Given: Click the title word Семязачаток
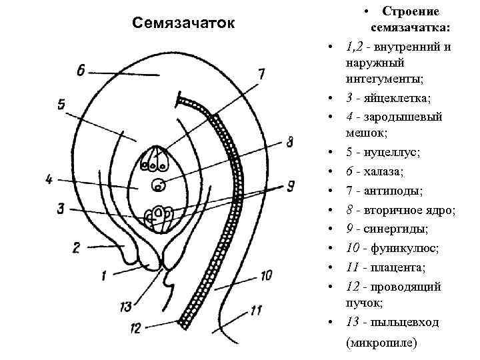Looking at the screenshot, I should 183,23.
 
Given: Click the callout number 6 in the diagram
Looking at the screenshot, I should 81,70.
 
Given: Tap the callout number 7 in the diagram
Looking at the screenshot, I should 261,73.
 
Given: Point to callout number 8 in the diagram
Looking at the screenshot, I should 289,142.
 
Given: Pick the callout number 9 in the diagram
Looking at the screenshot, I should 291,187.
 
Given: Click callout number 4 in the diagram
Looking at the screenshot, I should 50,179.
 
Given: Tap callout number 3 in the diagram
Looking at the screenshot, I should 61,209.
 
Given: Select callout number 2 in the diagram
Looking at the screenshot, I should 75,248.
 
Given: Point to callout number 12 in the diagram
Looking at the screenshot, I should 135,328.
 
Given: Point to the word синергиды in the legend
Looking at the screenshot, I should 396,229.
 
